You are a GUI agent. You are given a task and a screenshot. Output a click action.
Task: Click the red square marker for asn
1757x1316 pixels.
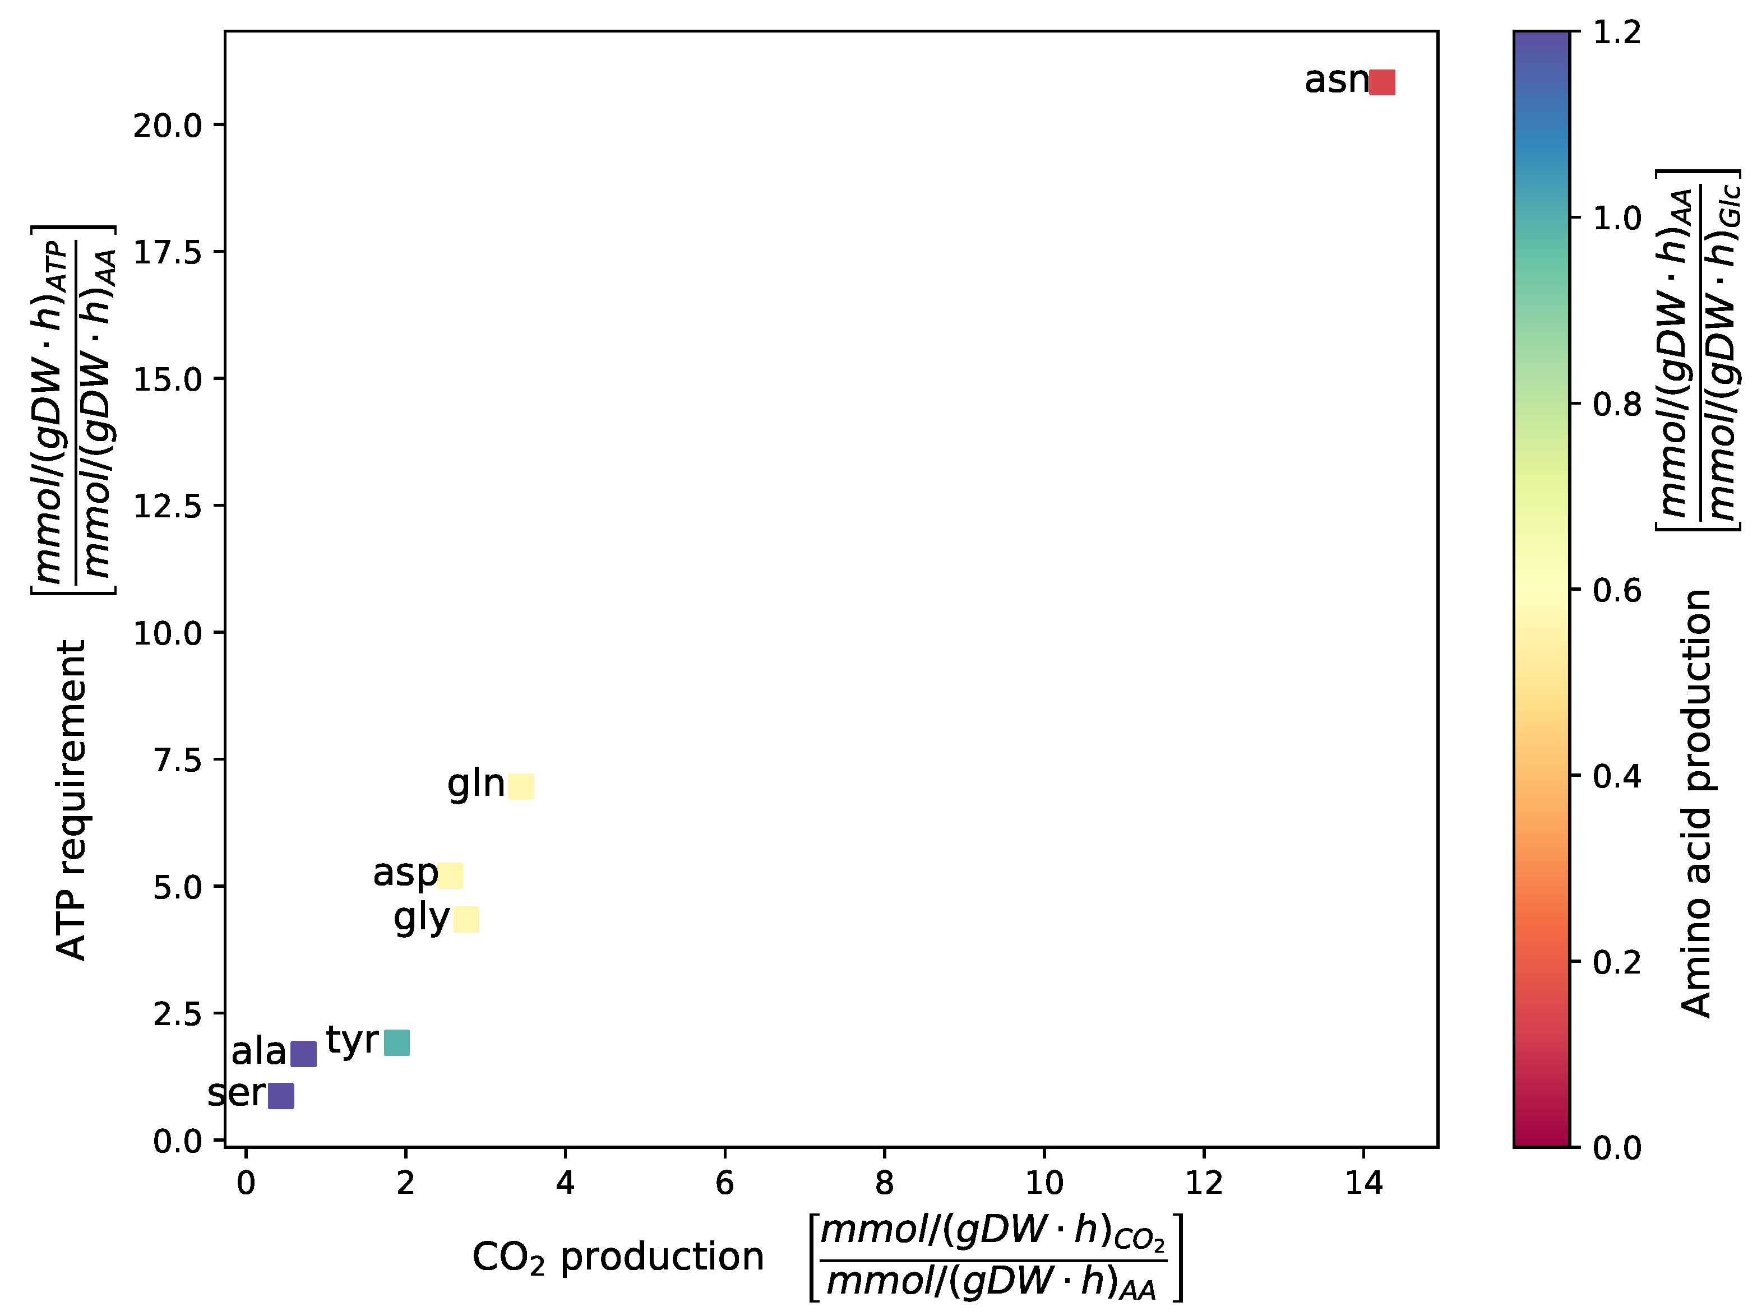[1382, 82]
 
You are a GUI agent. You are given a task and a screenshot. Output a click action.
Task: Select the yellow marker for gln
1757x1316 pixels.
[521, 786]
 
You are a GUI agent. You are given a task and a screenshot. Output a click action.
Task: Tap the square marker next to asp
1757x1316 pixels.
[450, 876]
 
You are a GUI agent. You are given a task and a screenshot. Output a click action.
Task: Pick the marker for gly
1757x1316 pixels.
[466, 920]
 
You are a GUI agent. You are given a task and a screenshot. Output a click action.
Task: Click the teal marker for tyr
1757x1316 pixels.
[396, 1043]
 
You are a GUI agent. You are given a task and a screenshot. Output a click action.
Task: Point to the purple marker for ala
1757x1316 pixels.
[303, 1054]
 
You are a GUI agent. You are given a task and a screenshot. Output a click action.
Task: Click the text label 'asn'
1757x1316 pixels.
[1336, 80]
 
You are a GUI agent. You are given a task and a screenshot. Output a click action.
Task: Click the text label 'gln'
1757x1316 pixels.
[476, 785]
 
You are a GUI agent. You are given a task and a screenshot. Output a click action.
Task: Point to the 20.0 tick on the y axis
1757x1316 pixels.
[168, 126]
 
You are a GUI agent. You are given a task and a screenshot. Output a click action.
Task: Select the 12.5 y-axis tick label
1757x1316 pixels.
[168, 506]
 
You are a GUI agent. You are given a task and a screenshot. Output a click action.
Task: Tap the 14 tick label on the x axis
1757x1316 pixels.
[1364, 1183]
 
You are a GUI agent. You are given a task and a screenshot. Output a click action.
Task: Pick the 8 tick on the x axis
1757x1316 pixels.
[884, 1183]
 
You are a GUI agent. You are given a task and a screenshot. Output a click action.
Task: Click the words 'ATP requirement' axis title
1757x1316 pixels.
[72, 800]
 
